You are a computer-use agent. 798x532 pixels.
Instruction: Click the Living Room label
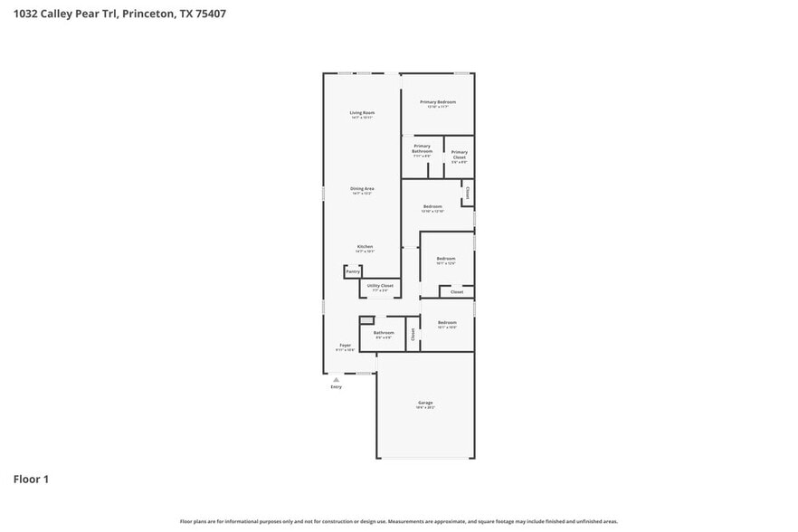click(x=362, y=113)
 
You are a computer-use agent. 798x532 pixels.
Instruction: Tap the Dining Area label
click(x=362, y=188)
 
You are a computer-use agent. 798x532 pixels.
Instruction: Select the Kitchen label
click(x=365, y=246)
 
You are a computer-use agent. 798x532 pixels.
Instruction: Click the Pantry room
click(x=353, y=271)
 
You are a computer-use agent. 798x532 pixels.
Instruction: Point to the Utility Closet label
click(x=380, y=286)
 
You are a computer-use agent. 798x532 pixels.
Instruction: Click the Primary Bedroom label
click(x=438, y=102)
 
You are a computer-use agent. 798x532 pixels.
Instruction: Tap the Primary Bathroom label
click(x=422, y=148)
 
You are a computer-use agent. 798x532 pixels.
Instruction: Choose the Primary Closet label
click(x=460, y=154)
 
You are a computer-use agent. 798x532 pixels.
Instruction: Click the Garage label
click(x=425, y=403)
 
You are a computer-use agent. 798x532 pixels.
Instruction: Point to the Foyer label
click(x=345, y=346)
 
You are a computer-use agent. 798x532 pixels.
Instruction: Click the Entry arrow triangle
click(x=337, y=379)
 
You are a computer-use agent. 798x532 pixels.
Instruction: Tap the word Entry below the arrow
click(x=337, y=387)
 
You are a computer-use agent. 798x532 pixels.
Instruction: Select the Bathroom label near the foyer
click(x=384, y=333)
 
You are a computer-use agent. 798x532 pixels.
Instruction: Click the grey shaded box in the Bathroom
click(x=366, y=319)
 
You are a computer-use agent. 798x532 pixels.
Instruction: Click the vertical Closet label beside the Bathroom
click(x=413, y=334)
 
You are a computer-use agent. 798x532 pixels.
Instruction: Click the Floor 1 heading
click(x=30, y=479)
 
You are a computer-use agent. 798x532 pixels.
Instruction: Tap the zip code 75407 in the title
click(x=209, y=14)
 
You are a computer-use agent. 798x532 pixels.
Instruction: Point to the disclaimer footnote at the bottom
click(x=398, y=521)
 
